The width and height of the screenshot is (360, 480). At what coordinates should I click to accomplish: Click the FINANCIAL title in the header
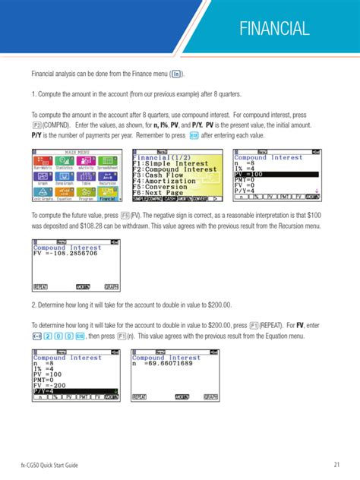point(274,30)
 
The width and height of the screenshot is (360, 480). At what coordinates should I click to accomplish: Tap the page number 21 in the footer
point(335,464)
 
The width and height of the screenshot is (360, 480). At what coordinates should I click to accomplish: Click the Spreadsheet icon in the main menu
point(108,163)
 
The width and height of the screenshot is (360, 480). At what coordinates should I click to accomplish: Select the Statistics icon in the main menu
point(64,163)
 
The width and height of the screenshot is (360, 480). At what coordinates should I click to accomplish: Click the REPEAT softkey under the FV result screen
point(41,286)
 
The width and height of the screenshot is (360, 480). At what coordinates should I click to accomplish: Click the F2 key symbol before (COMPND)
point(37,125)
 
